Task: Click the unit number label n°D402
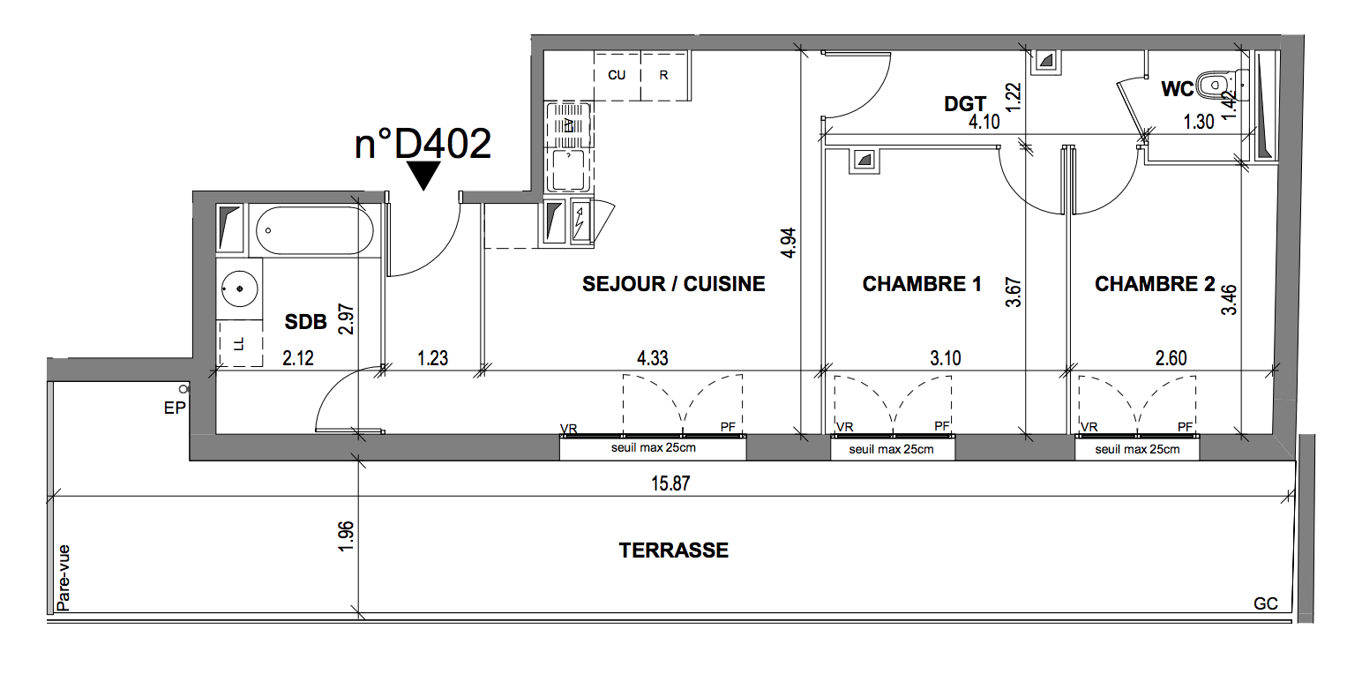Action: pyautogui.click(x=423, y=144)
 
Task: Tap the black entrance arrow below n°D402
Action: pyautogui.click(x=423, y=176)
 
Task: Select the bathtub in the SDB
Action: pyautogui.click(x=314, y=230)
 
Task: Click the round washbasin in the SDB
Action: pyautogui.click(x=240, y=288)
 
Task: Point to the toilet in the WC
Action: pyautogui.click(x=1222, y=86)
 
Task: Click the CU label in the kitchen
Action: pyautogui.click(x=617, y=75)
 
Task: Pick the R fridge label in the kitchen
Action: pyautogui.click(x=663, y=75)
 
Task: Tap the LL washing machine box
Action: pyautogui.click(x=240, y=343)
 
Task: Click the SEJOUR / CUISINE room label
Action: pyautogui.click(x=674, y=284)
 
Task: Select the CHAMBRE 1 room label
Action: pyautogui.click(x=922, y=284)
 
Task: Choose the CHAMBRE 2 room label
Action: pyautogui.click(x=1155, y=284)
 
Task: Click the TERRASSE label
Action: pyautogui.click(x=674, y=550)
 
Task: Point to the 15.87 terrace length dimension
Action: pyautogui.click(x=670, y=483)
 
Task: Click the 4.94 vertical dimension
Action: pyautogui.click(x=788, y=243)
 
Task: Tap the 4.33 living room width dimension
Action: pyautogui.click(x=653, y=358)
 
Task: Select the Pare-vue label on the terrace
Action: pyautogui.click(x=64, y=578)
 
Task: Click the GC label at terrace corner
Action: pyautogui.click(x=1265, y=603)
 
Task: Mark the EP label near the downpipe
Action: pyautogui.click(x=175, y=408)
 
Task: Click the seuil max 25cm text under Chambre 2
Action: pyautogui.click(x=1137, y=449)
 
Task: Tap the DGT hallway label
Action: pyautogui.click(x=965, y=104)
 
